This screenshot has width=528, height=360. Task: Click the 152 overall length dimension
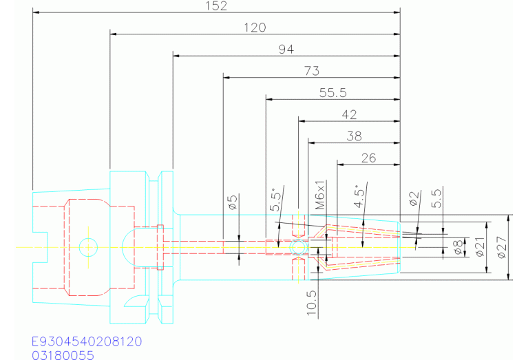pyautogui.click(x=216, y=6)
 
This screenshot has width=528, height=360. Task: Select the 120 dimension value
pyautogui.click(x=255, y=28)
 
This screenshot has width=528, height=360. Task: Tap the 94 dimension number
pyautogui.click(x=286, y=50)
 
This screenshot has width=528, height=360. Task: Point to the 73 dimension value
pyautogui.click(x=312, y=71)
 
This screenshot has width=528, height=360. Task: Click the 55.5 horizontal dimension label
pyautogui.click(x=332, y=93)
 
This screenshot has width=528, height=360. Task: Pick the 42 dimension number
pyautogui.click(x=349, y=115)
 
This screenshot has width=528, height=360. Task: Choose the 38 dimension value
pyautogui.click(x=355, y=136)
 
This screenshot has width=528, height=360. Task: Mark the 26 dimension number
pyautogui.click(x=368, y=158)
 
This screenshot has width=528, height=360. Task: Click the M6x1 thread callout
pyautogui.click(x=320, y=195)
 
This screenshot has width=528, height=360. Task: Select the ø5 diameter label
pyautogui.click(x=233, y=202)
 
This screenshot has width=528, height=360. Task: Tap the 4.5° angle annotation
pyautogui.click(x=359, y=196)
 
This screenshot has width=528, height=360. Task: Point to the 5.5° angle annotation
pyautogui.click(x=275, y=200)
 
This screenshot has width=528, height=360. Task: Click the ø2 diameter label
pyautogui.click(x=414, y=198)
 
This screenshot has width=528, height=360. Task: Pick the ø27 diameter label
pyautogui.click(x=501, y=248)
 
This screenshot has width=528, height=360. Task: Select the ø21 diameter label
pyautogui.click(x=480, y=247)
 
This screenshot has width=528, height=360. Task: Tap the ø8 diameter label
pyautogui.click(x=458, y=248)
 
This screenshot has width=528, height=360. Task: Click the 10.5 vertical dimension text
pyautogui.click(x=312, y=303)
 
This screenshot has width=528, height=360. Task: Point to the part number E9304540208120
pyautogui.click(x=87, y=341)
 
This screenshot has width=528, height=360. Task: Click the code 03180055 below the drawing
pyautogui.click(x=63, y=355)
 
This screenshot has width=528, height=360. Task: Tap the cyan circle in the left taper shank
pyautogui.click(x=88, y=238)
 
